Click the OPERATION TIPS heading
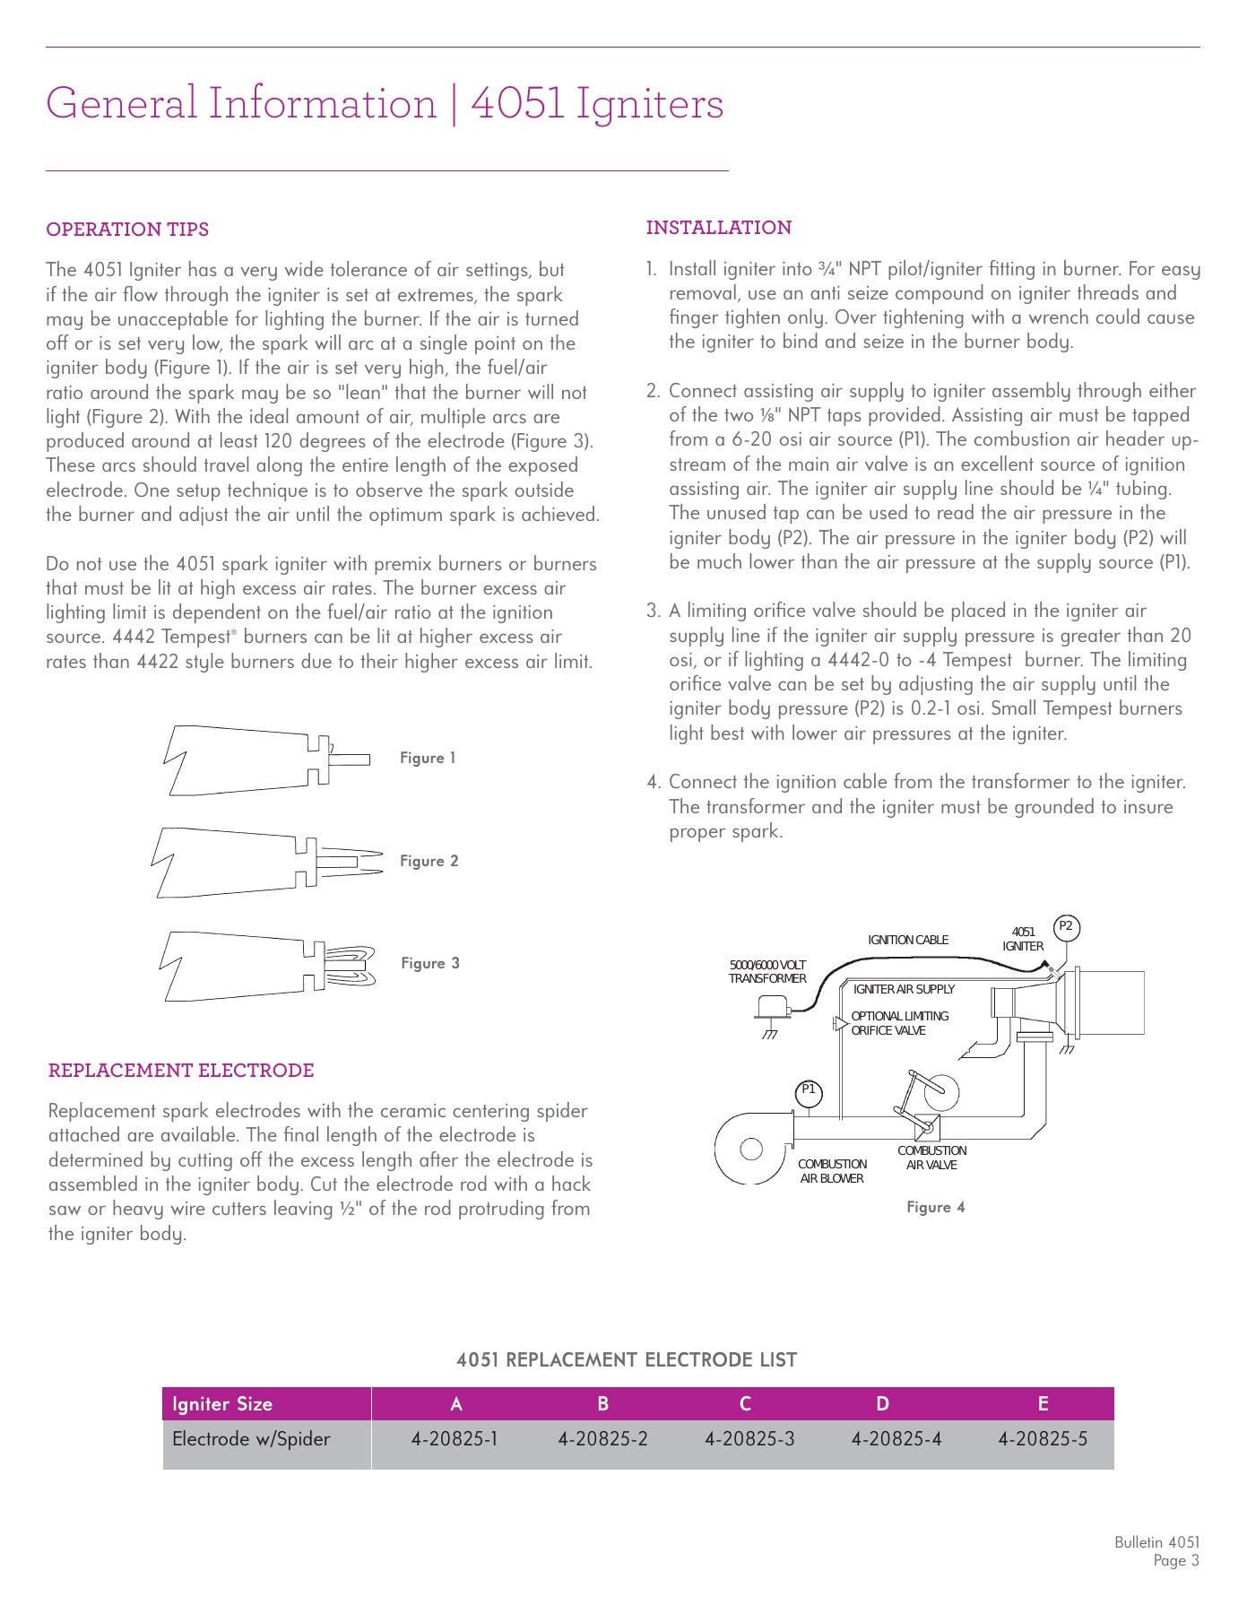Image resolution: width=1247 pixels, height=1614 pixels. click(x=127, y=230)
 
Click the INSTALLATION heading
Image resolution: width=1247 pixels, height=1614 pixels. click(x=718, y=228)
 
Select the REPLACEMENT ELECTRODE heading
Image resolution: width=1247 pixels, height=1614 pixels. click(x=181, y=1071)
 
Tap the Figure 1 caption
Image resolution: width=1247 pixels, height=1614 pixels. click(x=428, y=758)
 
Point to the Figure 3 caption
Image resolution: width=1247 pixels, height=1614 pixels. click(x=430, y=963)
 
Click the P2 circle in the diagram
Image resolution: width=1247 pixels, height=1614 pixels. click(x=1066, y=926)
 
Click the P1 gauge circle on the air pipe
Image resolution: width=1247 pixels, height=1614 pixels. click(x=809, y=1091)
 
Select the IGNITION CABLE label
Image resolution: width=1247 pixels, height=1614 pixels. click(x=907, y=940)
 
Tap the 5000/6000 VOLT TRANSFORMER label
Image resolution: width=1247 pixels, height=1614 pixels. click(x=767, y=972)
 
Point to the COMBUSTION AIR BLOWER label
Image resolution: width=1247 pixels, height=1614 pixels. click(x=832, y=1171)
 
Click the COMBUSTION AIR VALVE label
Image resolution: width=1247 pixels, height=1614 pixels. click(x=931, y=1158)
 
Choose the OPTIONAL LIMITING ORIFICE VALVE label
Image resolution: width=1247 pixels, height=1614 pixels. click(x=899, y=1023)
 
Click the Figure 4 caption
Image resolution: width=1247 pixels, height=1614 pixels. click(x=935, y=1207)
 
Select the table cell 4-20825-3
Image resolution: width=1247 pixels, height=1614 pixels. click(x=749, y=1439)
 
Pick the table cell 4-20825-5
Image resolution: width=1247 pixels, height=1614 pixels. click(x=1043, y=1439)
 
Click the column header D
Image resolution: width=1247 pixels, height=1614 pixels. click(x=883, y=1404)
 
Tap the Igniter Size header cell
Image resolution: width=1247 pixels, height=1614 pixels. click(x=222, y=1404)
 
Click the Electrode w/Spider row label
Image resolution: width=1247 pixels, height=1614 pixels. click(x=251, y=1439)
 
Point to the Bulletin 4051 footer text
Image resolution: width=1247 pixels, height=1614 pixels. click(x=1156, y=1542)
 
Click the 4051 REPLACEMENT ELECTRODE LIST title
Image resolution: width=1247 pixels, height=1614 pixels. click(x=626, y=1360)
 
